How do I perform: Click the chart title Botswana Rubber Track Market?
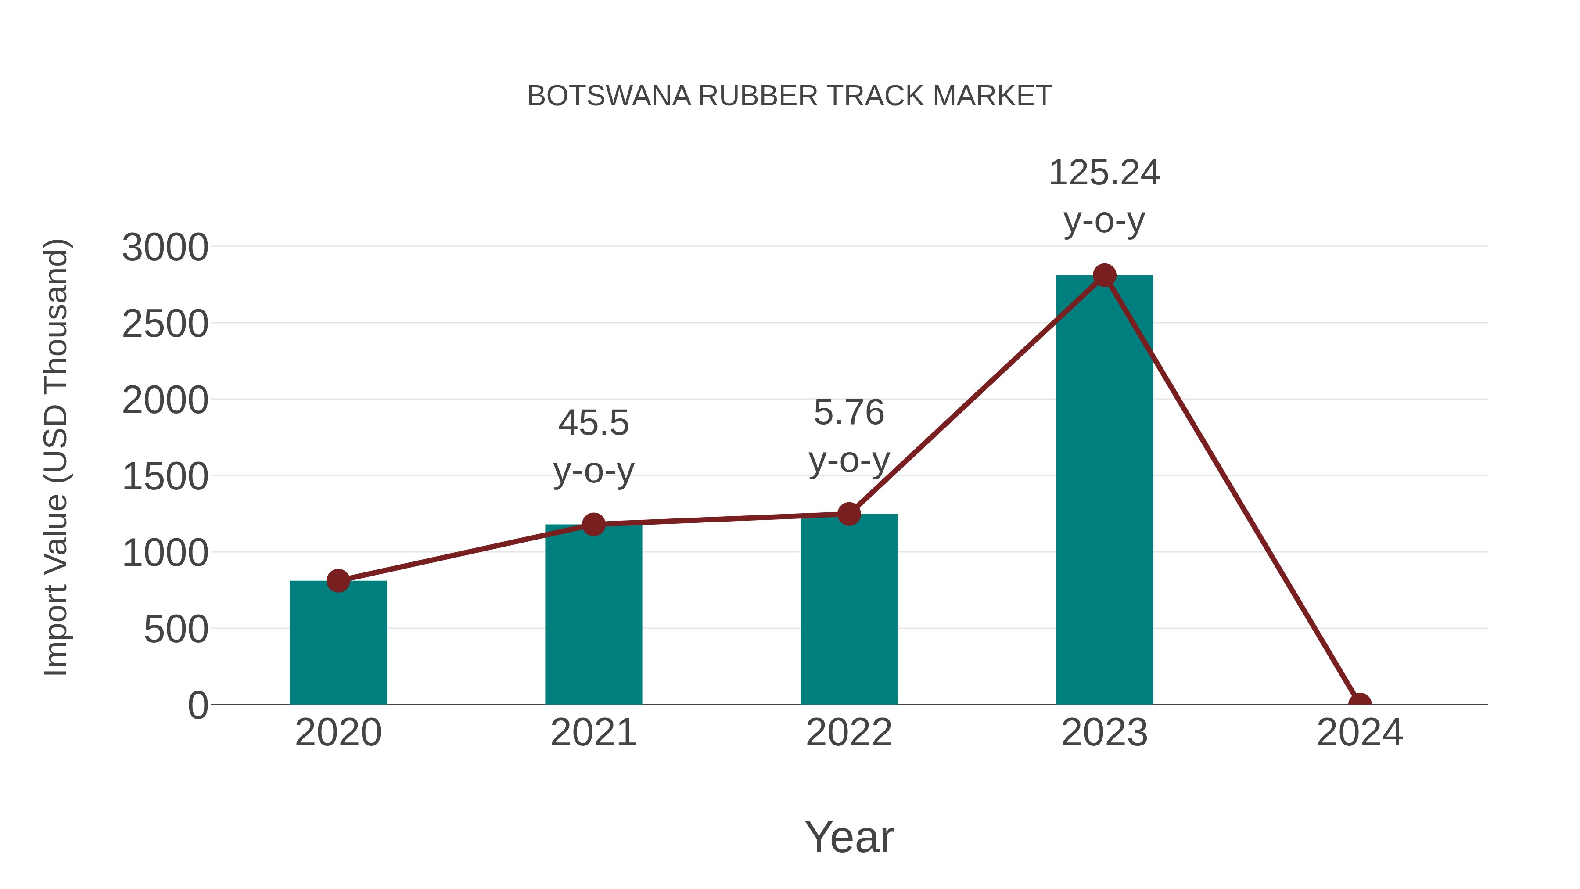tap(790, 96)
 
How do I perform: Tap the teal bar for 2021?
tap(593, 614)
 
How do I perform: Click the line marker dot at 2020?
tap(338, 580)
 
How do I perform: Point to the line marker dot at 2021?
tap(593, 524)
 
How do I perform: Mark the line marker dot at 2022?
tap(848, 514)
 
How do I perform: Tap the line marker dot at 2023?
tap(1104, 275)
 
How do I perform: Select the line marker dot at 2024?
tap(1359, 703)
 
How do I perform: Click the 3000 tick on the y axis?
tap(165, 248)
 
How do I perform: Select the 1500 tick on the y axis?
tap(165, 477)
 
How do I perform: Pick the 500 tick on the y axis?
tap(176, 630)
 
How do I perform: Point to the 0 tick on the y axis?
tap(198, 705)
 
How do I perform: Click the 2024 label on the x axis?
tap(1359, 733)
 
